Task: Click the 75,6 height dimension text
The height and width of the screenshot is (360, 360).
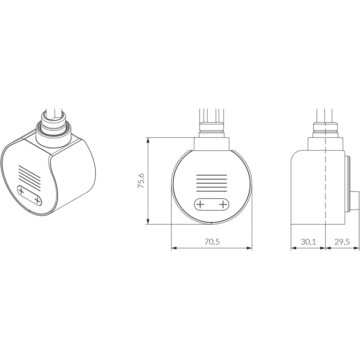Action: [141, 181]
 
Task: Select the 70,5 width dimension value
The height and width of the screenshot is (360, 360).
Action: [212, 242]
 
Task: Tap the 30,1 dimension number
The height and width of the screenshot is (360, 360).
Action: [308, 242]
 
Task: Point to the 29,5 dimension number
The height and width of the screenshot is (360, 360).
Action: [342, 242]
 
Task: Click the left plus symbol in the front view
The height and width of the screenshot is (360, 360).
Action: [200, 204]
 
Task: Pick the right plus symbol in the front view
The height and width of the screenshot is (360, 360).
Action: [223, 204]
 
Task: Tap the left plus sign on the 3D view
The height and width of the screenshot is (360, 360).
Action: [22, 191]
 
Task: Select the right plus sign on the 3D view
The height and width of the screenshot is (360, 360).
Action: [37, 199]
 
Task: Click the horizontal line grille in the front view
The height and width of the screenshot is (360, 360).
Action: [212, 184]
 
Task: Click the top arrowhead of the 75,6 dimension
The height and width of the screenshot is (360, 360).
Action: [148, 140]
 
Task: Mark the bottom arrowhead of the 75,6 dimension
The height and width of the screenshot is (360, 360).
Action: [148, 221]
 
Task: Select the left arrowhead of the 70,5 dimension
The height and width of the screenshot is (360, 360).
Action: [174, 248]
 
